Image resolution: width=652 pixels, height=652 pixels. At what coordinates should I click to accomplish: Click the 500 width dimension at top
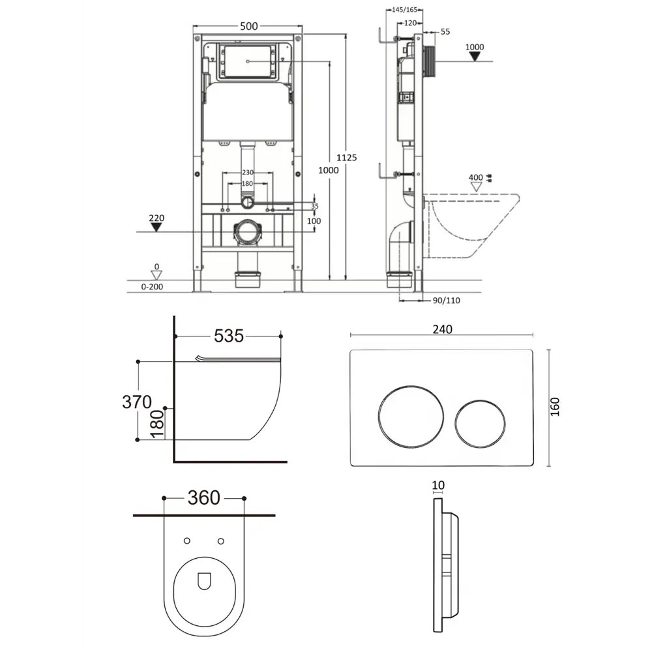click(x=248, y=26)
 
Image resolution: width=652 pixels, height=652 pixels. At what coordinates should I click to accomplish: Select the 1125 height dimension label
click(x=346, y=158)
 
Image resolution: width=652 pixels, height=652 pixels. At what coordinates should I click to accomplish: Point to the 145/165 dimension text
click(x=404, y=10)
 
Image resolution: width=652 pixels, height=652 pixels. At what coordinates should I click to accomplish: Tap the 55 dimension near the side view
click(x=445, y=31)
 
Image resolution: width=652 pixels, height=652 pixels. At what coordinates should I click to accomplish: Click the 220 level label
click(x=156, y=218)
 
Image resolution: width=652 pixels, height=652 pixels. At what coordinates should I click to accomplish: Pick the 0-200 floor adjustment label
click(x=152, y=286)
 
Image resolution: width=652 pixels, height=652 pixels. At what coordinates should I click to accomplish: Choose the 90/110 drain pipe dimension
click(x=446, y=300)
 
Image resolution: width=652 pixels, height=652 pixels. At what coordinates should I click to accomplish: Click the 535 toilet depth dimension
click(x=229, y=336)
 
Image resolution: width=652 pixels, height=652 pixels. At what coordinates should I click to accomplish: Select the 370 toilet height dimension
click(x=137, y=402)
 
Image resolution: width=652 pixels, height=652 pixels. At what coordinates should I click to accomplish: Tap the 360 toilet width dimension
click(x=203, y=497)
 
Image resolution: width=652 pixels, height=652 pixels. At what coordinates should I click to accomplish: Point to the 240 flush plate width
click(x=442, y=329)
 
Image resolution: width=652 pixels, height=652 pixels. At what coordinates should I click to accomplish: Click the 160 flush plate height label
click(x=555, y=407)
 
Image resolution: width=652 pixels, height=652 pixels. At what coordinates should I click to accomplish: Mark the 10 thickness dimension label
click(x=438, y=485)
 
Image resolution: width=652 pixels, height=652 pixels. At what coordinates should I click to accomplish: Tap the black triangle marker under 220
click(x=156, y=227)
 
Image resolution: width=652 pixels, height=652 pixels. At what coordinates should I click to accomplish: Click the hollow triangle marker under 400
click(x=476, y=187)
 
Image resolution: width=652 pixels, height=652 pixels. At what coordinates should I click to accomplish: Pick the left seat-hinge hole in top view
click(x=187, y=541)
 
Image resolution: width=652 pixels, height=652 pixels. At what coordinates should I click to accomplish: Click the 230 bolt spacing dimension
click(x=247, y=172)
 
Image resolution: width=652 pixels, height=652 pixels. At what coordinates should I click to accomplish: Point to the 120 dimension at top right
click(x=410, y=23)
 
